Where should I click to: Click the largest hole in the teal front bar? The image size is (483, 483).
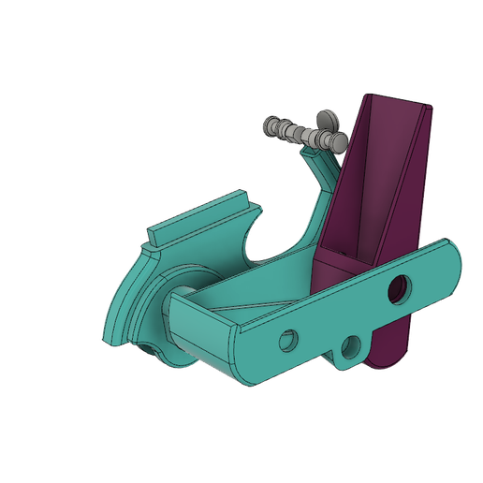click(x=400, y=287)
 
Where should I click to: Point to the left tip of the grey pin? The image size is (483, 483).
click(x=269, y=124)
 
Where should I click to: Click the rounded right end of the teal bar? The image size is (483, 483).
click(x=451, y=263)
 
